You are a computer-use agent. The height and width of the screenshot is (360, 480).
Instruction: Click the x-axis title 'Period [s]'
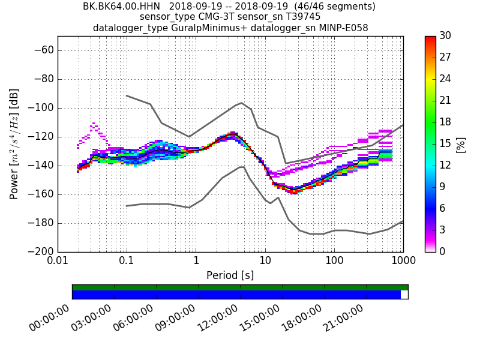230,275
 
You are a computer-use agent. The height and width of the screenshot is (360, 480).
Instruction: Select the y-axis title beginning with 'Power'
14,144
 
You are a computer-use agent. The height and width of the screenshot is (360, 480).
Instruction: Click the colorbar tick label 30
445,36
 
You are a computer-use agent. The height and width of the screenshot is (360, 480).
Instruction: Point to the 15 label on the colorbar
445,144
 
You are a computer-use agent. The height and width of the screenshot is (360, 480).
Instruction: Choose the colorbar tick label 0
442,251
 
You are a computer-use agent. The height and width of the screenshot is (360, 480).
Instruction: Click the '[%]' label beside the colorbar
461,144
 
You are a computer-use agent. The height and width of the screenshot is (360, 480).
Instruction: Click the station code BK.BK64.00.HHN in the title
122,7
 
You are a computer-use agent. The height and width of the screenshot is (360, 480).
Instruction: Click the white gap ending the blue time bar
404,295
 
